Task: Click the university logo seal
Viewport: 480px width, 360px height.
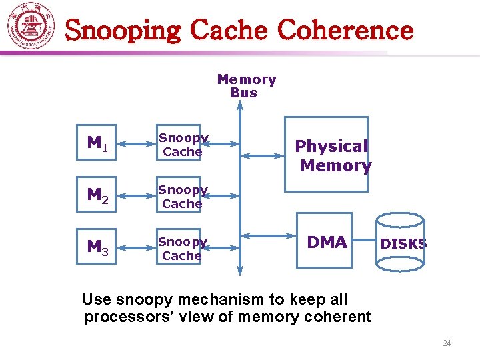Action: (31, 27)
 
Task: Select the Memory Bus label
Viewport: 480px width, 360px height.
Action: (246, 86)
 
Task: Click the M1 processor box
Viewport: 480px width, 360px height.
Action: (99, 144)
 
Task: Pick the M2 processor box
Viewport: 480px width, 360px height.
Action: (99, 196)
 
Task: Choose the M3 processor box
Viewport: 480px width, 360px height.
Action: (99, 248)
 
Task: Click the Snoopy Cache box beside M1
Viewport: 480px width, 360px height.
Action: (182, 145)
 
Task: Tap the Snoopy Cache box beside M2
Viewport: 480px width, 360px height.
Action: (182, 197)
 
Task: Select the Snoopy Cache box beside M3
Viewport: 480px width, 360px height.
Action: (182, 249)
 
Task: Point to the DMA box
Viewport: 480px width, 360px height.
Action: (326, 242)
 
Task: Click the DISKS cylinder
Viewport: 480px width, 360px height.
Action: (400, 243)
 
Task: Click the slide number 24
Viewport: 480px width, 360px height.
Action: (447, 343)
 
